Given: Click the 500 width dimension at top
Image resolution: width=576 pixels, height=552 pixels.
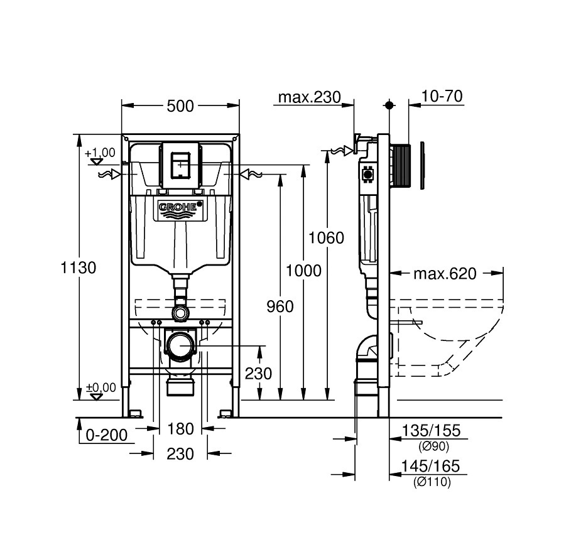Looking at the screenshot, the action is coord(180,106).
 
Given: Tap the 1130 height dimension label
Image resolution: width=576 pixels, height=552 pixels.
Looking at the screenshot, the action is coord(79,268).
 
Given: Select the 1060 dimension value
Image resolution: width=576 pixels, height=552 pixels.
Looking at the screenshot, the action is coord(326,238).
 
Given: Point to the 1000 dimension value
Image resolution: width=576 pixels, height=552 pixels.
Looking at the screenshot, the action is coord(303,271).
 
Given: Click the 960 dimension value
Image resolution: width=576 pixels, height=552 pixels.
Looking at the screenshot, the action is coord(280,306).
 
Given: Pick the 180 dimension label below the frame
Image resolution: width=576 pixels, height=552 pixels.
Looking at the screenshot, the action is coord(180,428).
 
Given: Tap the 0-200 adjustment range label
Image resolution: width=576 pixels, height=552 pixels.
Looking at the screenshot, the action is coord(107,435).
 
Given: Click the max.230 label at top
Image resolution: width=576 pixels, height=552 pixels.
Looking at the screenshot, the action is coord(310,97).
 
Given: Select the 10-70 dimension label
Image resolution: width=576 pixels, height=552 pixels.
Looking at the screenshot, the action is coord(442,96).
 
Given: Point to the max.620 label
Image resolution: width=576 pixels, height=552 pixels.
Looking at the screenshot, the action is coord(445,274).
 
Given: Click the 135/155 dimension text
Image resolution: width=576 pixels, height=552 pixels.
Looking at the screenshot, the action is coord(431,430).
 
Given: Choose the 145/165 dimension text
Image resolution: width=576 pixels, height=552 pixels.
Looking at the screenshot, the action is coord(430,467).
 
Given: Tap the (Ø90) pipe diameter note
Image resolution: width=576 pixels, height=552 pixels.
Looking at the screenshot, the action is coord(434,446).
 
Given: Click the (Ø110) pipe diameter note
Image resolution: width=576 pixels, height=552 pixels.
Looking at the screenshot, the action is coord(432,482).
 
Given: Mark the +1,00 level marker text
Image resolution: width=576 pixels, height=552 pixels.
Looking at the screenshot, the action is coord(100,153).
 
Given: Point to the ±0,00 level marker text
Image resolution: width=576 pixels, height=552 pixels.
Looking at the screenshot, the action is coord(101,387).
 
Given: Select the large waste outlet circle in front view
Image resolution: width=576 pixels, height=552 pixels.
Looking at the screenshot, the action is coord(181,345).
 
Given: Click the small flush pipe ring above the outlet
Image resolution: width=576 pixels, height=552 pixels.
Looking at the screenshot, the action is coord(180,313).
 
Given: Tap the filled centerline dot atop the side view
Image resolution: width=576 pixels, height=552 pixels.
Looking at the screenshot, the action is coord(389,106).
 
